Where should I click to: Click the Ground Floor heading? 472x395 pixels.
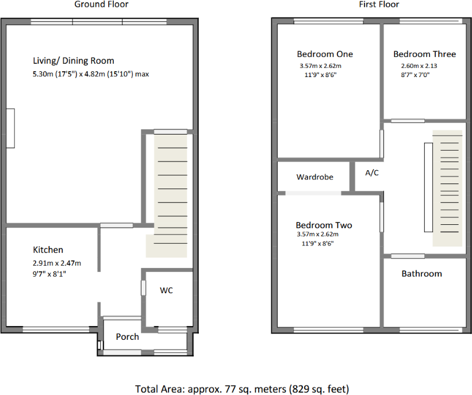pos(101,5)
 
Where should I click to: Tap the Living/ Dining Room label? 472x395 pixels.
pos(74,60)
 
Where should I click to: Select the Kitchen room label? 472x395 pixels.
pos(48,250)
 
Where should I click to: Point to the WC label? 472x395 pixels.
pos(166,290)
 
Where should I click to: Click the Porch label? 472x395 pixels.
pos(127,336)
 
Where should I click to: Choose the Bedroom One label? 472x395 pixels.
pos(325,54)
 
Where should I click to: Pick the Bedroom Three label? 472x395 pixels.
pos(424,54)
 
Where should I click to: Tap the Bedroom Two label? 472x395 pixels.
pos(324,225)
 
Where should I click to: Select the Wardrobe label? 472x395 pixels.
pos(314,177)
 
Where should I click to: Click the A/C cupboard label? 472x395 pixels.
pos(372,172)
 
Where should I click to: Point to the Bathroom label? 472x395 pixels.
pos(421,274)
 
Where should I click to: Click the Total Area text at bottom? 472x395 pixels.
pos(241,389)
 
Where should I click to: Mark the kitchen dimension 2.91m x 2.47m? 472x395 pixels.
pos(57,263)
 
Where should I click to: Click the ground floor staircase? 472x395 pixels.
pos(166,195)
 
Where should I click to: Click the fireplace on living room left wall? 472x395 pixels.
pos(10,128)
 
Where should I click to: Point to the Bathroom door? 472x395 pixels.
pos(408,256)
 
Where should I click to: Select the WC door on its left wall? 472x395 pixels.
pos(143,287)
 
